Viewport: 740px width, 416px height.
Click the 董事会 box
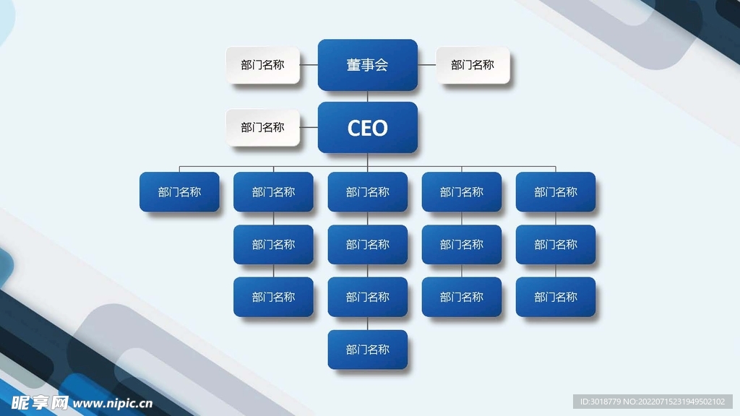367,65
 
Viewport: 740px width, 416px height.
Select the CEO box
367,128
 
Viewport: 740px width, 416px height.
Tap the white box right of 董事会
473,65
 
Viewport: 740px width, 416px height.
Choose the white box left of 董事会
262,65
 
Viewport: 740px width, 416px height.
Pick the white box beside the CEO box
262,128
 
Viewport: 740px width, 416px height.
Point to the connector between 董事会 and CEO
367,96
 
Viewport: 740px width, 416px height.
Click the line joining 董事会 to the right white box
427,65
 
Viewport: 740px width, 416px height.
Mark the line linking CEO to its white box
309,128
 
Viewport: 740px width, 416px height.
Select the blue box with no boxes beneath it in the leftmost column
179,192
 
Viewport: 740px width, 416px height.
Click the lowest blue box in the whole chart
367,350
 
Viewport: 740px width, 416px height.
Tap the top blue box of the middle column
367,192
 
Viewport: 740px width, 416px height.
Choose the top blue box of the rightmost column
556,192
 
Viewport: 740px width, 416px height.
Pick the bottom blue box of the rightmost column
556,297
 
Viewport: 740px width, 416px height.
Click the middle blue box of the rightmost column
556,245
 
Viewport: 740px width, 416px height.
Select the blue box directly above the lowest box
367,297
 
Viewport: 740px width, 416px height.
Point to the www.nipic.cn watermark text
113,403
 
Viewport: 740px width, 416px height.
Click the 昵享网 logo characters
40,402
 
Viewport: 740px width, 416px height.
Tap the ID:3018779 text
598,402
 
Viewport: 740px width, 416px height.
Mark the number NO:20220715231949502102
676,402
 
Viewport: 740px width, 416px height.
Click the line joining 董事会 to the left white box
309,65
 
